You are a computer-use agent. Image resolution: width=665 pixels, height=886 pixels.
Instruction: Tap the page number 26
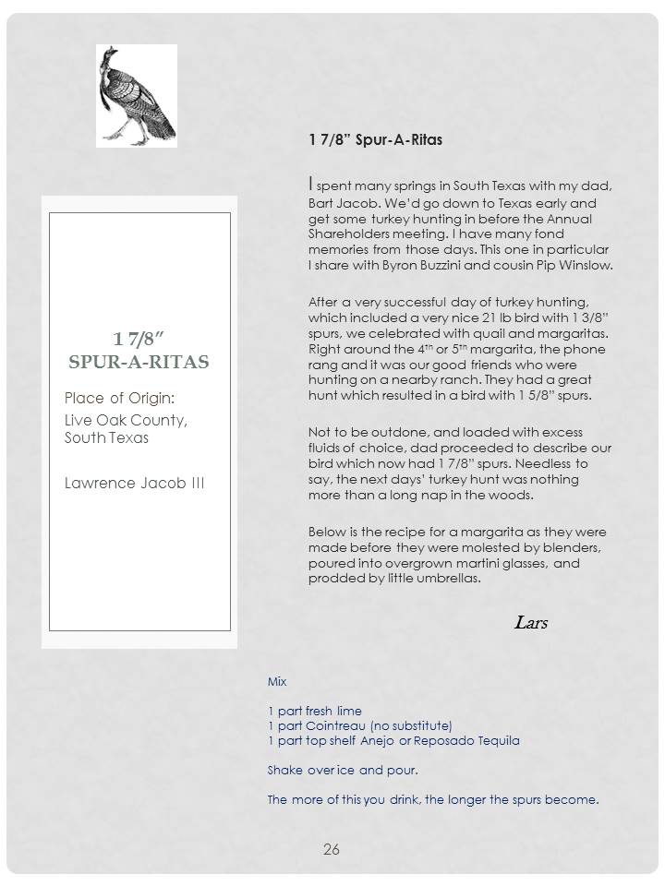point(332,849)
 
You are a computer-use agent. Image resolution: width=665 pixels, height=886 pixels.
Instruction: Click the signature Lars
point(530,622)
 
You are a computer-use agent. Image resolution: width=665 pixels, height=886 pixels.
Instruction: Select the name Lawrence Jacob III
point(134,483)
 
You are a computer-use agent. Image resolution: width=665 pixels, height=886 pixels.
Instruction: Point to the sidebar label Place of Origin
point(119,398)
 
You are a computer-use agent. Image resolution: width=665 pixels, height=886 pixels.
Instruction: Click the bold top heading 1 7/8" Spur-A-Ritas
point(376,140)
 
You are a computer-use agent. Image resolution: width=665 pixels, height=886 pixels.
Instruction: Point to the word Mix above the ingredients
point(277,681)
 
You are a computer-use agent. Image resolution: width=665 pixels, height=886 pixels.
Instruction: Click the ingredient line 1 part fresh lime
point(315,711)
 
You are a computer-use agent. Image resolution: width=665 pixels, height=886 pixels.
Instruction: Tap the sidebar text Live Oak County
point(126,421)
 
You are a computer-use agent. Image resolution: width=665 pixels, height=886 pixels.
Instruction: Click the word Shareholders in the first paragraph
point(348,234)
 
